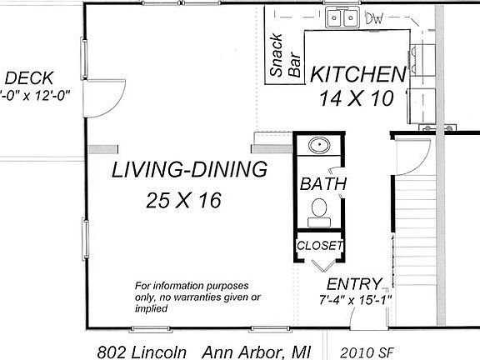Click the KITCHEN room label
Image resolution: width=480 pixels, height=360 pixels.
358,74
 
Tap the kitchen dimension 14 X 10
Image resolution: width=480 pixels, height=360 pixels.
357,98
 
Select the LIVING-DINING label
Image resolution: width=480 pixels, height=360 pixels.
189,170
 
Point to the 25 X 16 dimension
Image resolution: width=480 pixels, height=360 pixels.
183,201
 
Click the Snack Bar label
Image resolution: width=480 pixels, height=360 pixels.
285,55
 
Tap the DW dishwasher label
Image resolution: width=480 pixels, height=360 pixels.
374,19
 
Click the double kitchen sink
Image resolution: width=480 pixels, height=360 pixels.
342,17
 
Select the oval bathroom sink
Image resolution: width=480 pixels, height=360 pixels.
319,145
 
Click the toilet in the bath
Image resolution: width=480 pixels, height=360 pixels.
319,212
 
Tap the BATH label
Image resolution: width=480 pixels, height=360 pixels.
323,184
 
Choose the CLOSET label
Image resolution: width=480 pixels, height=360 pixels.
320,246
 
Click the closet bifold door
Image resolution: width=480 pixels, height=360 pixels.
323,266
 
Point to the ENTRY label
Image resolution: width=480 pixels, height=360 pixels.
354,284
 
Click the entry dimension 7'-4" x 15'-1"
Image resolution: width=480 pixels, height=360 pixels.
355,300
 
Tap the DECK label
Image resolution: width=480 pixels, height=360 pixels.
29,78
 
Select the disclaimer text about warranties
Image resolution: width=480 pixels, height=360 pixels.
197,297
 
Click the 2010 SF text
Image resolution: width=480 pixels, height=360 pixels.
367,352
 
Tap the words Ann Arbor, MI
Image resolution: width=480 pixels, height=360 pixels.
256,352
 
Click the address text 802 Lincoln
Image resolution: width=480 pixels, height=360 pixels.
142,352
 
